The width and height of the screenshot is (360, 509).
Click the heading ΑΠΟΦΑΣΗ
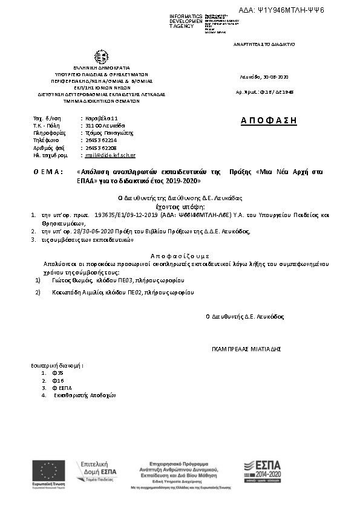click(269, 120)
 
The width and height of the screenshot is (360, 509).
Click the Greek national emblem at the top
click(102, 57)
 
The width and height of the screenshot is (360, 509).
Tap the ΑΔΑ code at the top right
click(290, 10)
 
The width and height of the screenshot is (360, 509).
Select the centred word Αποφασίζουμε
click(180, 256)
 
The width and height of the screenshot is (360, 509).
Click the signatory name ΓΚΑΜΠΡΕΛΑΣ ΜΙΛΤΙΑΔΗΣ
click(246, 349)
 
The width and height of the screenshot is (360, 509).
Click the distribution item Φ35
click(58, 373)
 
